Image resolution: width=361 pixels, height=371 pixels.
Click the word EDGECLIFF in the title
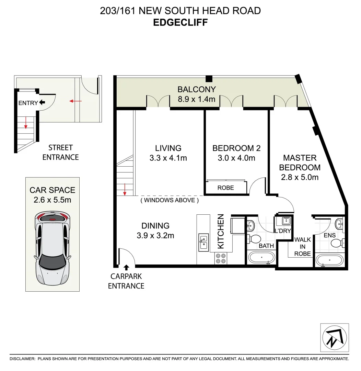click(x=180, y=23)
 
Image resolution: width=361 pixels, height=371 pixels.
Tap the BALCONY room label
click(x=196, y=89)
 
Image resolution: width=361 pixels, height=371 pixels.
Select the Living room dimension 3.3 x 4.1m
click(x=168, y=158)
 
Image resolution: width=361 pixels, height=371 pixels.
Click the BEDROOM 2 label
click(x=236, y=148)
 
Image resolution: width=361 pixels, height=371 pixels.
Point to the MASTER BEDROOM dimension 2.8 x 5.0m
click(x=300, y=177)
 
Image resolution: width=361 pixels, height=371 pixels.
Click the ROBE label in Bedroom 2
click(x=226, y=188)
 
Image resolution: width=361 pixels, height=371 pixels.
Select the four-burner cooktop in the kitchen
click(x=220, y=258)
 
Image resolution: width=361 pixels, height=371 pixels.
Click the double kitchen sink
click(x=203, y=241)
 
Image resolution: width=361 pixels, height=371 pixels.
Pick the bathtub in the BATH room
click(x=261, y=258)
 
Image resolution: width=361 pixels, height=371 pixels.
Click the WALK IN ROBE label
click(x=302, y=247)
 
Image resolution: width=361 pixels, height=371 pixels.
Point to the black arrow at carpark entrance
click(x=126, y=267)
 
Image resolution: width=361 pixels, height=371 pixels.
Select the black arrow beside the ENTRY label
click(x=42, y=102)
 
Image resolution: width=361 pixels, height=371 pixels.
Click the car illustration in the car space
click(x=53, y=248)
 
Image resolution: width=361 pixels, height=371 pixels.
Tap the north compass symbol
click(x=335, y=337)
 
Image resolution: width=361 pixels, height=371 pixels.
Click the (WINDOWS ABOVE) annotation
click(x=170, y=200)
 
